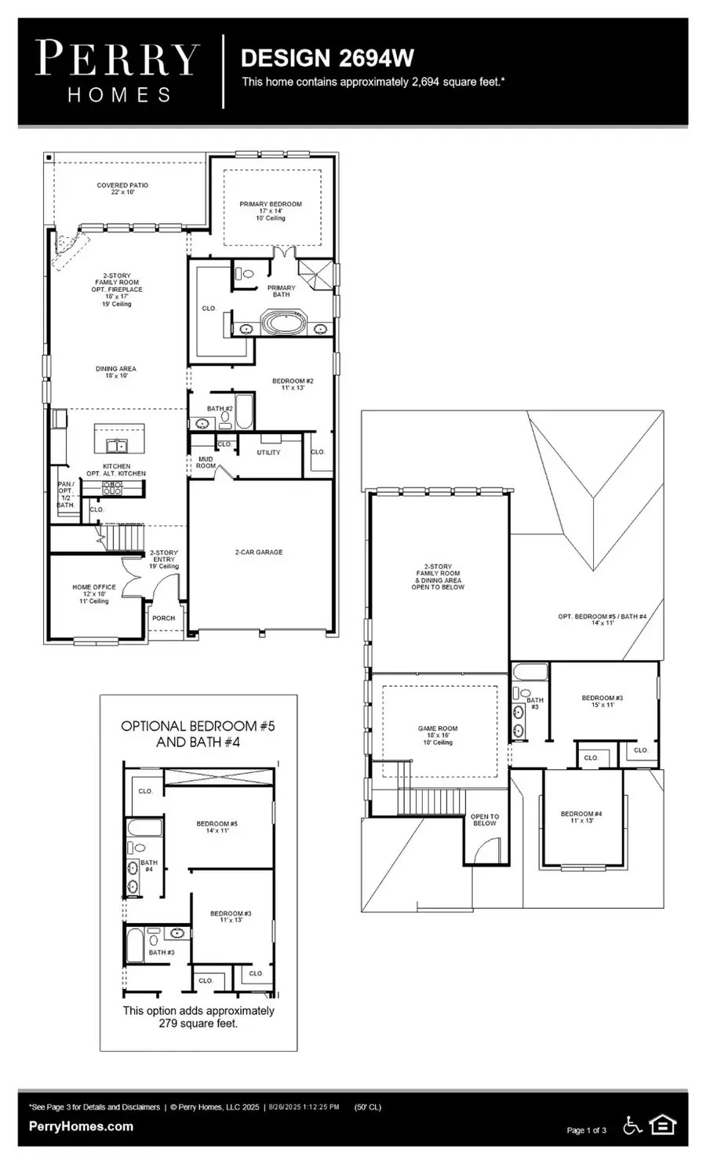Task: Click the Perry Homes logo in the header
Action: pyautogui.click(x=118, y=71)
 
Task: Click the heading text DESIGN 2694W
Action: pyautogui.click(x=327, y=58)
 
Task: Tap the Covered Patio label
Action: pyautogui.click(x=122, y=188)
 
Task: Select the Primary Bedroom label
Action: pyautogui.click(x=271, y=207)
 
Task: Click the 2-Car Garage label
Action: pyautogui.click(x=259, y=553)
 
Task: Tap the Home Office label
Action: pyautogui.click(x=94, y=590)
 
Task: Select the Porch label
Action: pyautogui.click(x=164, y=618)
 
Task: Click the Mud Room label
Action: pyautogui.click(x=206, y=462)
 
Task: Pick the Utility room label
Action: pyautogui.click(x=268, y=453)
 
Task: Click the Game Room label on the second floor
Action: pyautogui.click(x=438, y=732)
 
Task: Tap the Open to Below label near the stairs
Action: pyautogui.click(x=484, y=820)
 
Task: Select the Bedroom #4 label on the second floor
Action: pyautogui.click(x=581, y=817)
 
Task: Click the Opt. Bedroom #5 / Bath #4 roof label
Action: pyautogui.click(x=602, y=619)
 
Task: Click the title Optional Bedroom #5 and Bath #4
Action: pyautogui.click(x=198, y=734)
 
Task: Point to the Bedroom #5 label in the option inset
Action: pyautogui.click(x=217, y=826)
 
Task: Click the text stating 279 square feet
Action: pyautogui.click(x=198, y=1017)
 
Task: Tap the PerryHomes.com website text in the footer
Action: pyautogui.click(x=81, y=1126)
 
